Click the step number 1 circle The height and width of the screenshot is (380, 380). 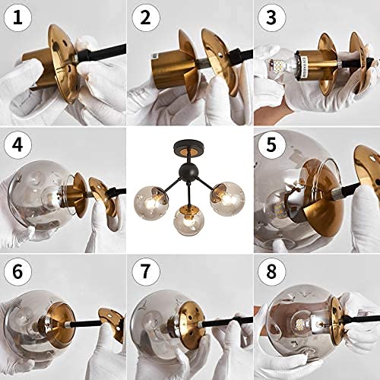[17, 18]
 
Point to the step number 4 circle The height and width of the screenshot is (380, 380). [17, 144]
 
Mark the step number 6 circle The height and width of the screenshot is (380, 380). [17, 271]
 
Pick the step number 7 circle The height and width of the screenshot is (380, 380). [144, 271]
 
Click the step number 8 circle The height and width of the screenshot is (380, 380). [271, 271]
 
